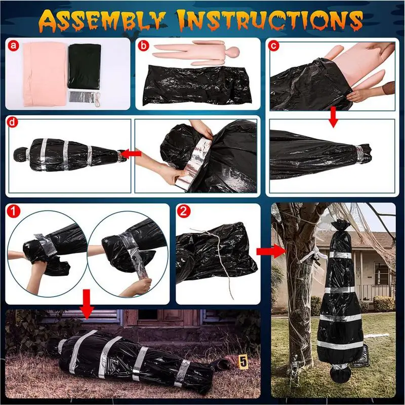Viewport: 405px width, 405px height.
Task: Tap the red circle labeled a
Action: tap(14, 46)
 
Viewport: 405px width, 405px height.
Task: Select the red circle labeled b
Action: tap(144, 46)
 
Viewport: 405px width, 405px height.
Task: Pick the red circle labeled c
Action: tap(274, 46)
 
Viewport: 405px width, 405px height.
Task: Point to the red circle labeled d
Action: tap(12, 123)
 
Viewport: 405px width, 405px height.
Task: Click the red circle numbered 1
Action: tap(13, 211)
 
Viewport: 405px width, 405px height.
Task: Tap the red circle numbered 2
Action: tap(184, 211)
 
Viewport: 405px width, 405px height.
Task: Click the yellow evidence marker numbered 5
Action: tap(243, 361)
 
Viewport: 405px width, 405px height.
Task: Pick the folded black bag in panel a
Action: tap(84, 66)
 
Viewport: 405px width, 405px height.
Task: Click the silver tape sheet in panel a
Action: tap(82, 97)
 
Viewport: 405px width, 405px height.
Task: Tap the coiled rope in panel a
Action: tap(98, 100)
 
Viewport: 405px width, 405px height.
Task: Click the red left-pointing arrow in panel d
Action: tap(131, 154)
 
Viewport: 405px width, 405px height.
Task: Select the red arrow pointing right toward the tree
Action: tap(270, 251)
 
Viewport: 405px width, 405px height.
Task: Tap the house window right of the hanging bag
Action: tap(381, 273)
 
